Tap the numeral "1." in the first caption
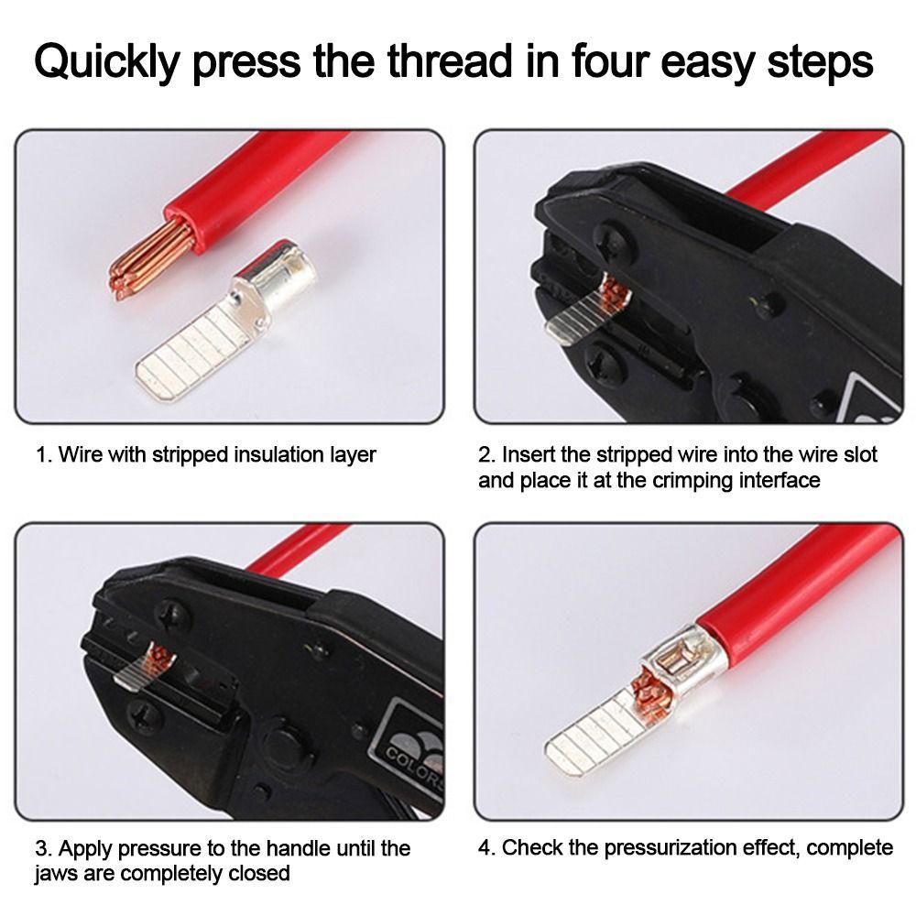pyautogui.click(x=43, y=454)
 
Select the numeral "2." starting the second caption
pyautogui.click(x=486, y=454)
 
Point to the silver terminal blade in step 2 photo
pyautogui.click(x=572, y=325)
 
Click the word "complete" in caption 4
pyautogui.click(x=849, y=847)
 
